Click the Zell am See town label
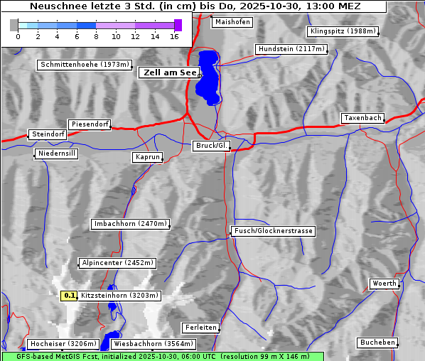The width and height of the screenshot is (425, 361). pyautogui.click(x=169, y=72)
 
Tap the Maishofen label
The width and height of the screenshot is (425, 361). pyautogui.click(x=232, y=22)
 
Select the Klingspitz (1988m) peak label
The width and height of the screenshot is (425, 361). pyautogui.click(x=343, y=31)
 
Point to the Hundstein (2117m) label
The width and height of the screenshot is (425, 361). pyautogui.click(x=291, y=49)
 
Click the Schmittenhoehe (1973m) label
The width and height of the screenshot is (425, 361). pyautogui.click(x=85, y=65)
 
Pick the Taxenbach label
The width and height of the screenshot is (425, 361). pyautogui.click(x=362, y=118)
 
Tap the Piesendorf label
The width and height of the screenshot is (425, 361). pyautogui.click(x=90, y=124)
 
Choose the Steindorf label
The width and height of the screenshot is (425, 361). pyautogui.click(x=48, y=134)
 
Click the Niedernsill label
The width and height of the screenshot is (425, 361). pyautogui.click(x=56, y=153)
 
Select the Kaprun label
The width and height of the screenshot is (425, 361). pyautogui.click(x=147, y=157)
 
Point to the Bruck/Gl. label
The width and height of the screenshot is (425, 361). pyautogui.click(x=212, y=146)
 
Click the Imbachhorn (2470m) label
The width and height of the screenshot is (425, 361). pyautogui.click(x=131, y=224)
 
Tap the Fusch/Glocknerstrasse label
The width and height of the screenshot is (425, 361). pyautogui.click(x=274, y=231)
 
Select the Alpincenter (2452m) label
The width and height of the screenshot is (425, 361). pyautogui.click(x=117, y=263)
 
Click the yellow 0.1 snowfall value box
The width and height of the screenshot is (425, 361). pyautogui.click(x=69, y=296)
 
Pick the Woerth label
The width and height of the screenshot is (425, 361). pyautogui.click(x=384, y=284)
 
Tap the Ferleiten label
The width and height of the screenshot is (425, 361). pyautogui.click(x=200, y=328)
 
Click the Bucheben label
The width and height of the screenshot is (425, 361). pyautogui.click(x=377, y=343)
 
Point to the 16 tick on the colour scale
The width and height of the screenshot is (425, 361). pyautogui.click(x=174, y=36)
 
